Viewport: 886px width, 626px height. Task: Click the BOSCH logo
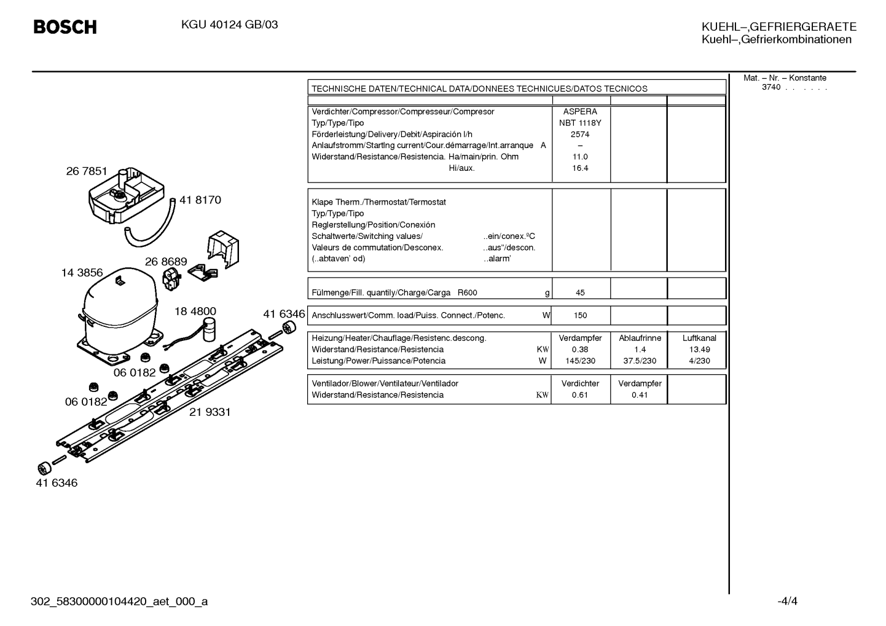(x=65, y=27)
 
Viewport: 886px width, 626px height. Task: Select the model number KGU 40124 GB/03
(x=229, y=25)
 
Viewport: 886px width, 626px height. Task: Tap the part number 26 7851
(x=87, y=171)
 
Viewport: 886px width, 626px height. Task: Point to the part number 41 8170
(x=200, y=200)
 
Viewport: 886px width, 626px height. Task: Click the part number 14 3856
(x=82, y=273)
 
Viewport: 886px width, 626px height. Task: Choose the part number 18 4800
(x=195, y=311)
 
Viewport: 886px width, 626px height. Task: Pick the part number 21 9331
(x=210, y=412)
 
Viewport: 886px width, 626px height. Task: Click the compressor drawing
(x=119, y=316)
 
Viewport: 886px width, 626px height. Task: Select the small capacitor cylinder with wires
(x=210, y=330)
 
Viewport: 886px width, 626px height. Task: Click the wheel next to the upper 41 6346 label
(x=289, y=328)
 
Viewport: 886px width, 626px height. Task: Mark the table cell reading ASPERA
(x=580, y=112)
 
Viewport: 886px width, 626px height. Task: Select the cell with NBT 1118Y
(x=580, y=123)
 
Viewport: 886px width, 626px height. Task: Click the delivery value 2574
(x=580, y=135)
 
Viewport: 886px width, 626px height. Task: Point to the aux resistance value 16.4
(x=580, y=168)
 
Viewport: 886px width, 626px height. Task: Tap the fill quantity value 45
(x=580, y=292)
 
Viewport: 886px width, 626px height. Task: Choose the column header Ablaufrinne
(x=640, y=338)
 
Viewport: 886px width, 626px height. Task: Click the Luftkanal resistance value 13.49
(x=699, y=350)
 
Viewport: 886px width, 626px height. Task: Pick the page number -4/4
(x=788, y=601)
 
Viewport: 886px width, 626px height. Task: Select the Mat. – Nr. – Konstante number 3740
(x=771, y=87)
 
